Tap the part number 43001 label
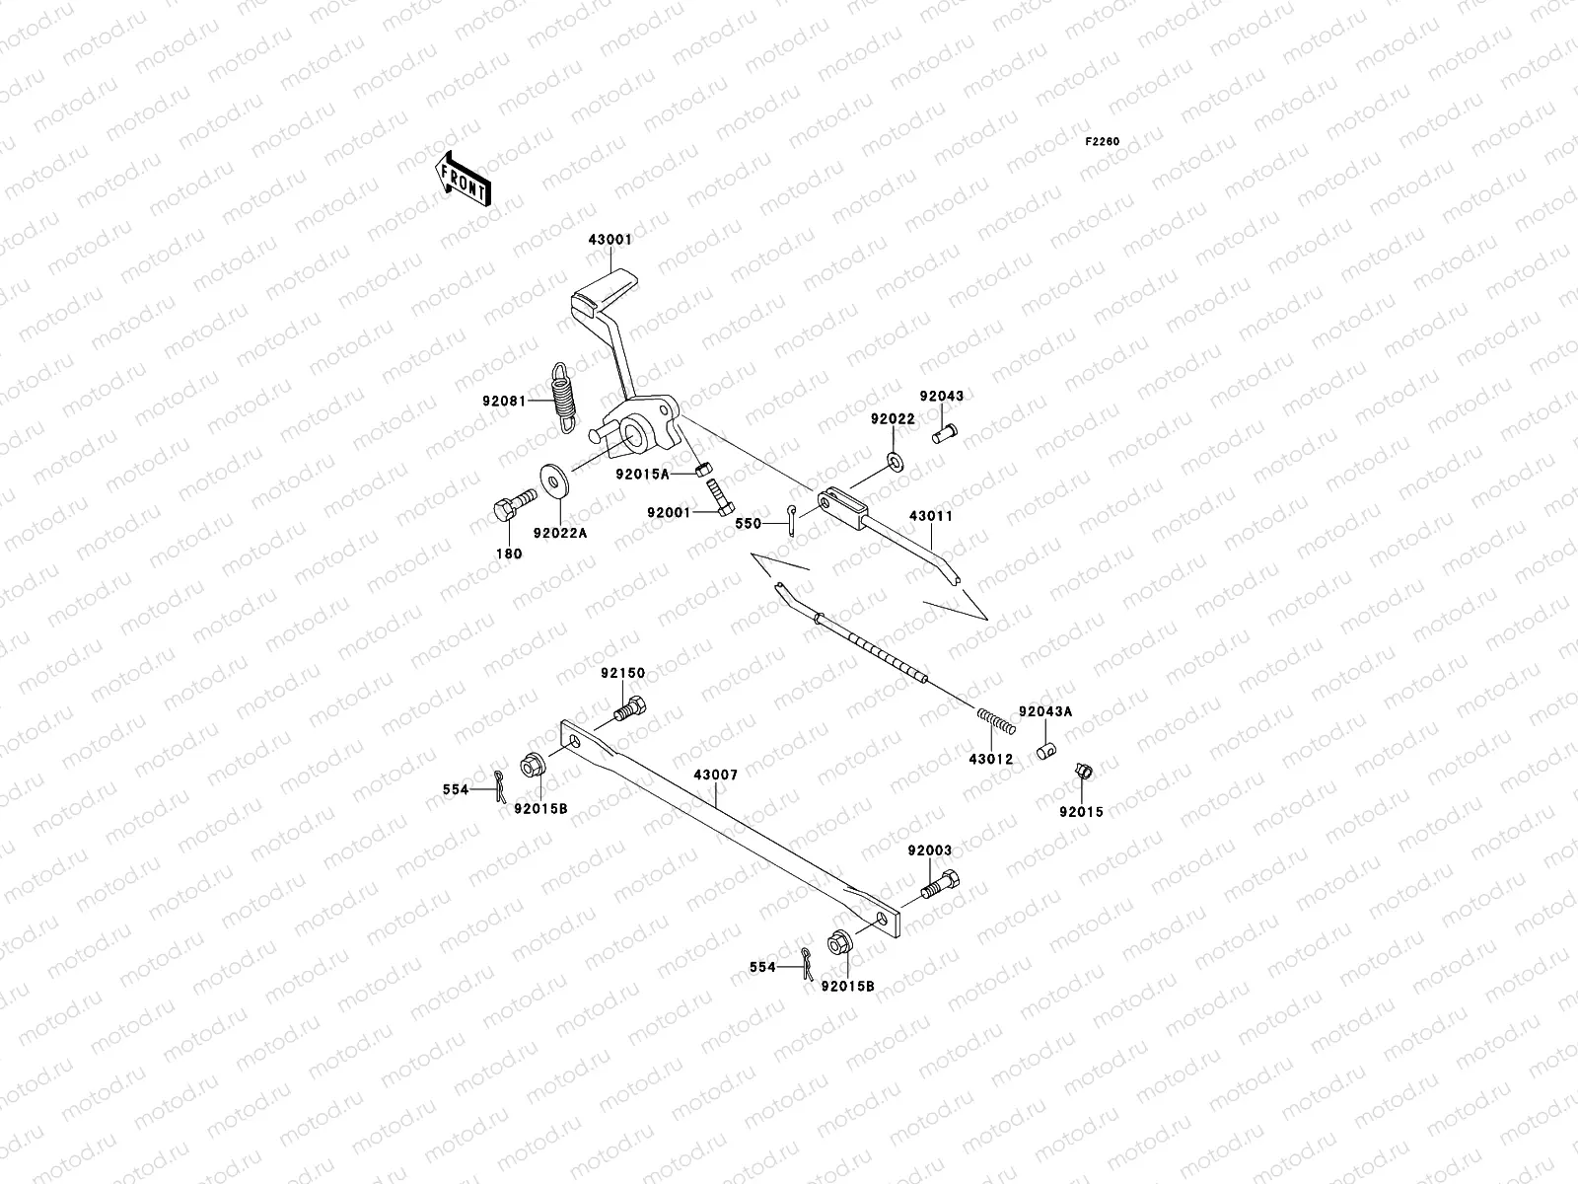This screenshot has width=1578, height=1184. (x=611, y=239)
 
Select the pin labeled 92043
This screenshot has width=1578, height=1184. (x=946, y=430)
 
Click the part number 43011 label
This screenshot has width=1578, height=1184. (x=931, y=515)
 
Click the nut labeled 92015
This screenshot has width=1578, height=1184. (x=1081, y=773)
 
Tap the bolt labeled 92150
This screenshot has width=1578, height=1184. (x=630, y=706)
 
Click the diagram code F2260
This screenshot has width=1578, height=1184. (x=1103, y=141)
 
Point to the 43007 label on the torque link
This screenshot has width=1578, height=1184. (x=716, y=776)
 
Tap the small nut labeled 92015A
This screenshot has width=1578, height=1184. (x=702, y=467)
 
